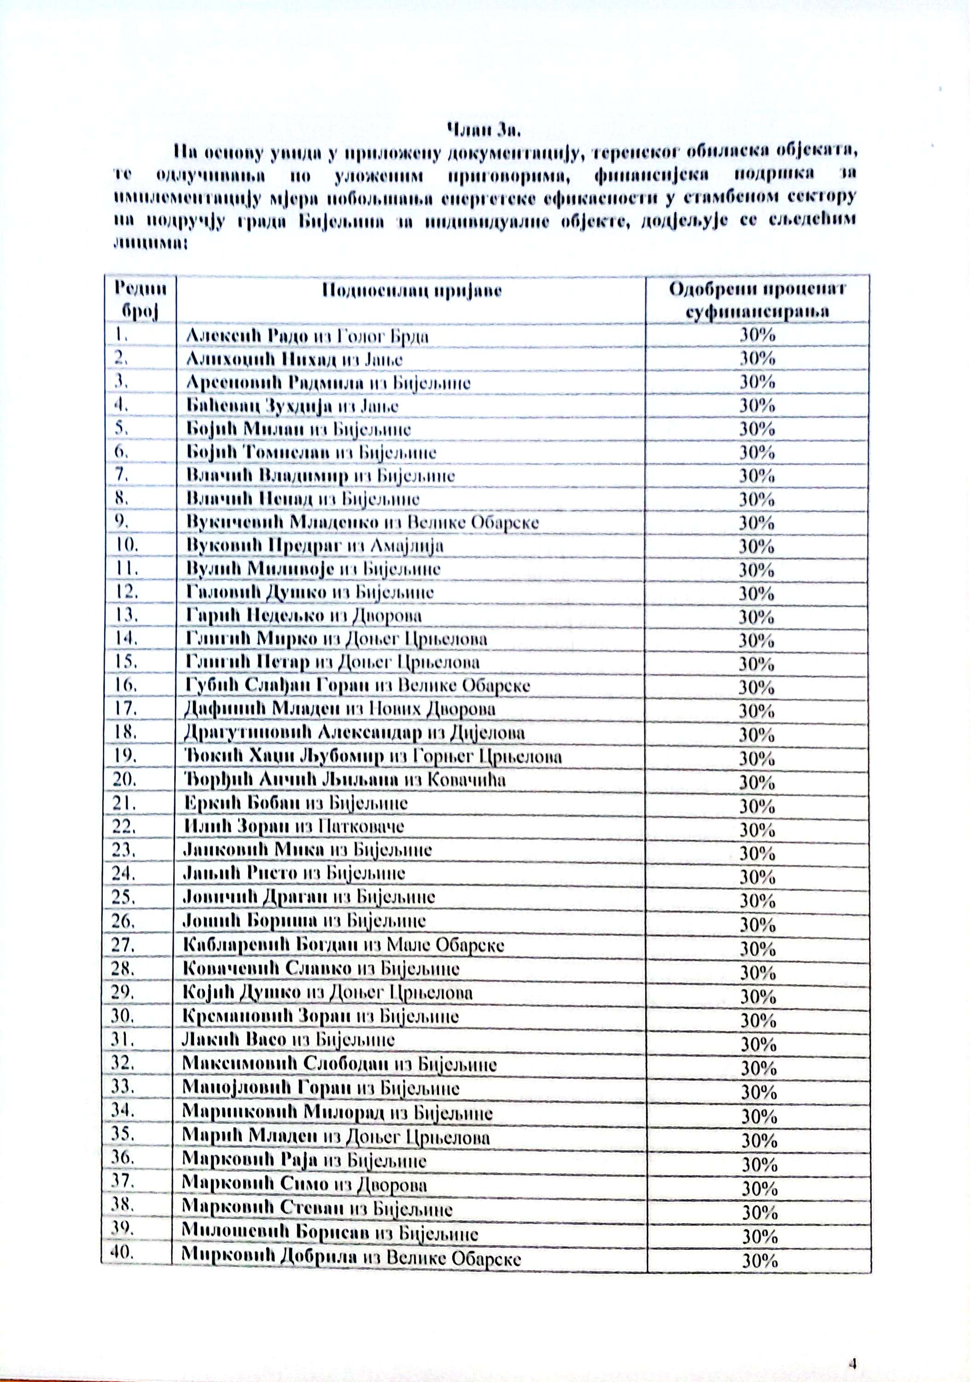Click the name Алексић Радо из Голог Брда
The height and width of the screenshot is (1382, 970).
point(308,335)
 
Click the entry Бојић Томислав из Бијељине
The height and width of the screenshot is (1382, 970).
point(311,453)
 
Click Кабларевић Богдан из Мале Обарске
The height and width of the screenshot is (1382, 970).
point(344,945)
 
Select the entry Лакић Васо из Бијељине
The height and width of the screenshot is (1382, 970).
point(289,1040)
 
